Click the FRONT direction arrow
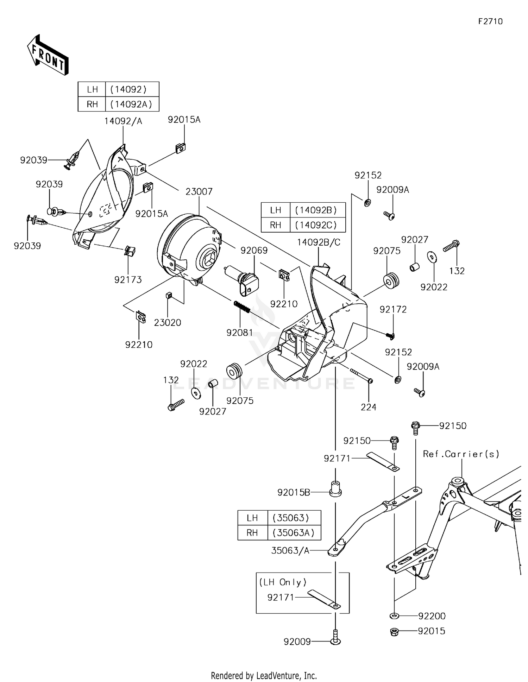point(48,55)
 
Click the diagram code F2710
point(490,21)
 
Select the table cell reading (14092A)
point(132,104)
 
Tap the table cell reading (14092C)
point(318,225)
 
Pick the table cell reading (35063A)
point(294,533)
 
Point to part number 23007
point(199,192)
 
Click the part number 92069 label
point(254,251)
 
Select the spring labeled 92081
point(242,306)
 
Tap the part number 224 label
point(369,407)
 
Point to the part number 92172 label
point(393,310)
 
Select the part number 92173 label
point(128,280)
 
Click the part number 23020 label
point(168,323)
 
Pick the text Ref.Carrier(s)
point(461,454)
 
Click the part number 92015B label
point(294,493)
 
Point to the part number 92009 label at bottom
point(297,642)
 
